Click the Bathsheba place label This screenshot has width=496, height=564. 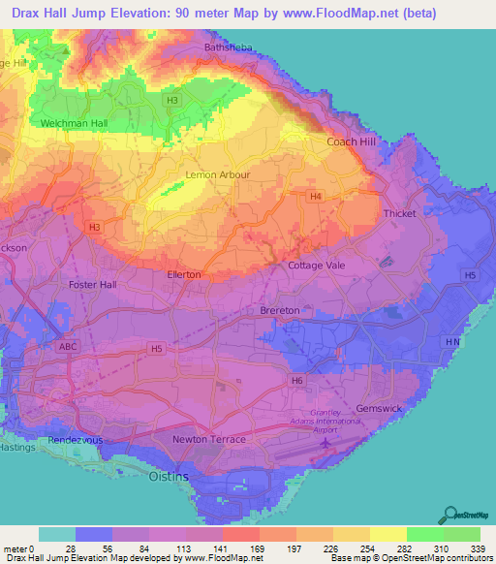click(230, 47)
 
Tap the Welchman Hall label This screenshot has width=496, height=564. click(74, 124)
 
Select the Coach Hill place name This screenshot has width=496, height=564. click(351, 141)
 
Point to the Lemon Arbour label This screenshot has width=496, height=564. click(217, 174)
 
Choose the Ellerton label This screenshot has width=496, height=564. click(184, 274)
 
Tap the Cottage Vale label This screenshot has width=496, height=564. click(318, 265)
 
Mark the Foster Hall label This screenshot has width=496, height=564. click(93, 285)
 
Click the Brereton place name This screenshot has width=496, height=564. click(280, 310)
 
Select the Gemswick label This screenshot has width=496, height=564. click(378, 409)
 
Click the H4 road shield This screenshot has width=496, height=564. click(315, 197)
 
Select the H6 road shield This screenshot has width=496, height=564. click(297, 382)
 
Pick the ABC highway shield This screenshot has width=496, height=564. click(67, 346)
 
